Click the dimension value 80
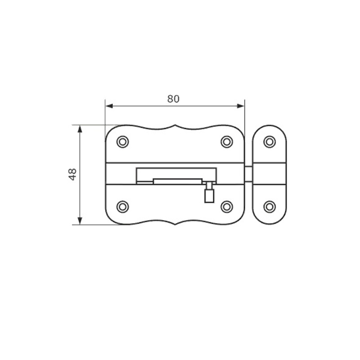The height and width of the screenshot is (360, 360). tap(173, 99)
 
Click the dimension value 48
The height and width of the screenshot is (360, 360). tap(73, 174)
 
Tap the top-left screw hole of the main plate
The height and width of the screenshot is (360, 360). tap(122, 142)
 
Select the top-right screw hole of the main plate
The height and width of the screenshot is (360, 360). tap(227, 142)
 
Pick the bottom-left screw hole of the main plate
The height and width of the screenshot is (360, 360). tap(122, 207)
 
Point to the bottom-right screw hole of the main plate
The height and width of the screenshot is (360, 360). tap(227, 207)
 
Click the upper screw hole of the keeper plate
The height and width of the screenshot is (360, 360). tap(270, 142)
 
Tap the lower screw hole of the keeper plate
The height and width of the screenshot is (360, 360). tap(270, 207)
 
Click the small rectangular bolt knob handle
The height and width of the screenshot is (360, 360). tap(209, 196)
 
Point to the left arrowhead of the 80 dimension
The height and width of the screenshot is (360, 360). tap(109, 106)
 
